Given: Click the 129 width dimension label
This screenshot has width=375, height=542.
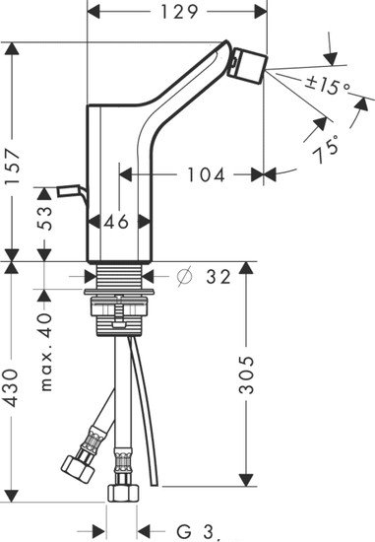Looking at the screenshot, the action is tap(179, 12).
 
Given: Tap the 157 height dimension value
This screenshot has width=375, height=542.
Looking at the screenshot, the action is tap(14, 168).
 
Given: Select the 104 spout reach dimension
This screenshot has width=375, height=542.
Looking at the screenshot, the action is tap(206, 174).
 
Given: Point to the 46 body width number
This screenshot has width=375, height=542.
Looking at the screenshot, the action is tap(116, 221).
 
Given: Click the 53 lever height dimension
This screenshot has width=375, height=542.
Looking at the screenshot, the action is tap(44, 218).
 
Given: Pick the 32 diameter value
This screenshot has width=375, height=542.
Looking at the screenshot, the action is tap(219, 277).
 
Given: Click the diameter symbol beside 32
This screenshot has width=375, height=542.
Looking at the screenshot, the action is tap(184, 277).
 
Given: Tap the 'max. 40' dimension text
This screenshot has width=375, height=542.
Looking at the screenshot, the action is tap(45, 352).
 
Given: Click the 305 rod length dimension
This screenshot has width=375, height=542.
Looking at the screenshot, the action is tap(246, 375).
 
